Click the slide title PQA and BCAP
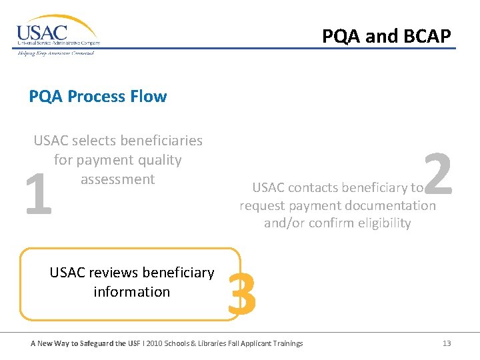pyautogui.click(x=387, y=35)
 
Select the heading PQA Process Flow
pyautogui.click(x=98, y=96)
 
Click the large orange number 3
pyautogui.click(x=242, y=295)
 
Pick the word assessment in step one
pyautogui.click(x=117, y=179)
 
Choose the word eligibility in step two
pyautogui.click(x=379, y=223)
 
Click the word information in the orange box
pyautogui.click(x=131, y=292)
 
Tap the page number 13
pyautogui.click(x=446, y=343)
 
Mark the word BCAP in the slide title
pyautogui.click(x=429, y=35)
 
